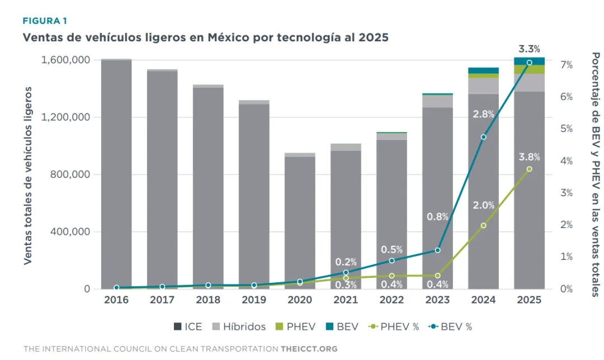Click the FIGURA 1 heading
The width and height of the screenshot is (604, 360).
[x=45, y=21]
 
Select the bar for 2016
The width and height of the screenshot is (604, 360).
[x=116, y=174]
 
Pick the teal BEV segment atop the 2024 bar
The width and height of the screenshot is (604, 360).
[x=483, y=70]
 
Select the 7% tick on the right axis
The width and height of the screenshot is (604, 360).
[x=566, y=65]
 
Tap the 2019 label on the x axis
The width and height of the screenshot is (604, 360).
[x=254, y=300]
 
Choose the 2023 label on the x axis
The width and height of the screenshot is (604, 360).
[x=437, y=300]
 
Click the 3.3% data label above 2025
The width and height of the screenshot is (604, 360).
[x=529, y=49]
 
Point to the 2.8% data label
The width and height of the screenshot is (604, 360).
[x=483, y=114]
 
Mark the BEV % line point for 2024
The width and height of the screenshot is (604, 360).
[x=483, y=137]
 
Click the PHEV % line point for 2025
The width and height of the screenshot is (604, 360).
[x=529, y=169]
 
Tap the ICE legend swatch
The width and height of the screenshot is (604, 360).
[x=177, y=327]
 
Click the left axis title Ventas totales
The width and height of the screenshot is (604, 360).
[x=27, y=174]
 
